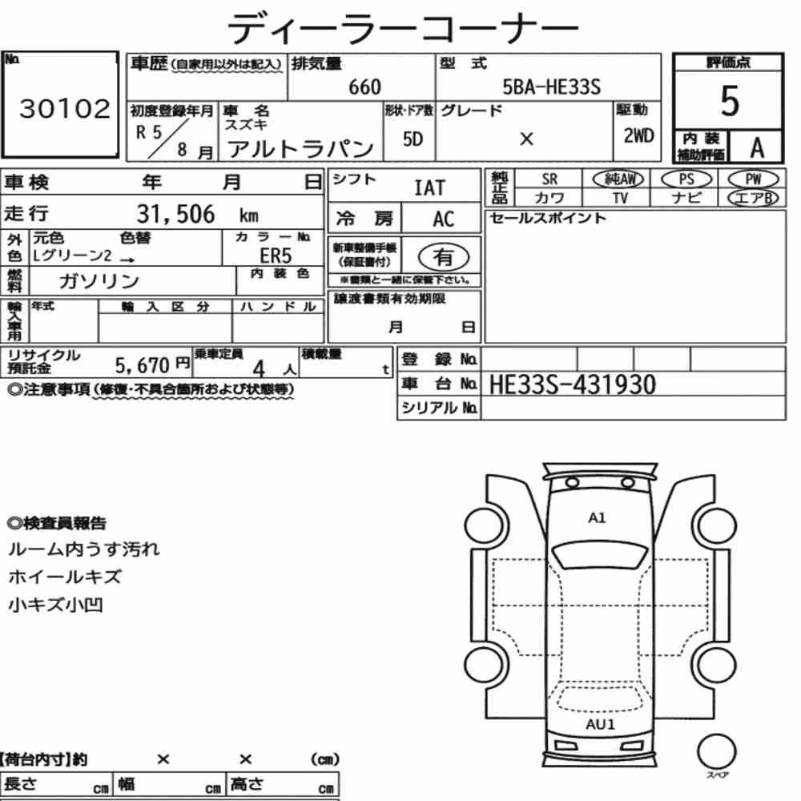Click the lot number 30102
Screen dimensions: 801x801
click(64, 108)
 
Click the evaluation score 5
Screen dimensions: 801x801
click(730, 101)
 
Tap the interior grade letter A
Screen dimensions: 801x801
click(757, 148)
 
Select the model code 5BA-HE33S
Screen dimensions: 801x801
click(551, 87)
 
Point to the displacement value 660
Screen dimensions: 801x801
click(364, 87)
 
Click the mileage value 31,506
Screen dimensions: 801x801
click(175, 214)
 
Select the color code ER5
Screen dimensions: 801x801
click(276, 255)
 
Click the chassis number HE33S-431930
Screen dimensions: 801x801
click(572, 384)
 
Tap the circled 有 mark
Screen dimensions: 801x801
click(444, 257)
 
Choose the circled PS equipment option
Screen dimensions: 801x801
click(686, 179)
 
